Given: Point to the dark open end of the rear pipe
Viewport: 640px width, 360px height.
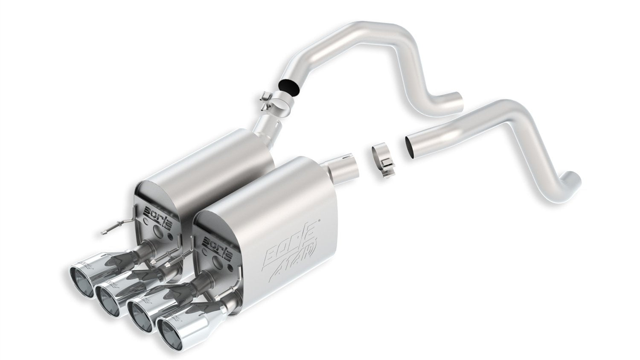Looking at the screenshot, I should click(x=288, y=85).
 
